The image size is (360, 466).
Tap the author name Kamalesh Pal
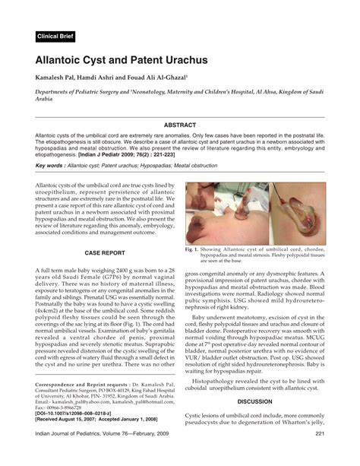tap(58, 78)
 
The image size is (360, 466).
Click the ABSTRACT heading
tap(180, 125)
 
